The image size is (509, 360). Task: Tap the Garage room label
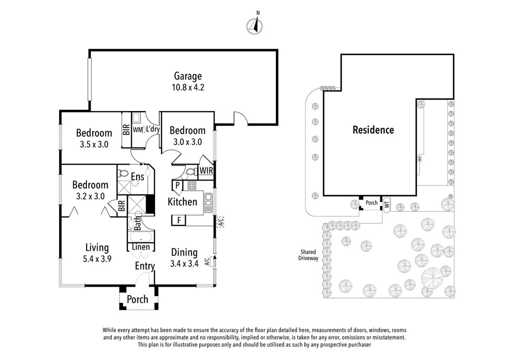188,76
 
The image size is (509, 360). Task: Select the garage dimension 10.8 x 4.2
188,87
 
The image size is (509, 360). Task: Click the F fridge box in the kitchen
179,220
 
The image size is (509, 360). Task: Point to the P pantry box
177,185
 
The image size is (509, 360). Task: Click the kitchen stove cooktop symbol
192,185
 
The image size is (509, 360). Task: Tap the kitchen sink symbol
208,203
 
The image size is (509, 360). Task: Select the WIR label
206,170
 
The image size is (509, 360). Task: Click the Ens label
138,176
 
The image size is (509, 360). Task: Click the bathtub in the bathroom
141,237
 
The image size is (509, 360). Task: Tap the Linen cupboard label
141,247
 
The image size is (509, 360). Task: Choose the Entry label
145,266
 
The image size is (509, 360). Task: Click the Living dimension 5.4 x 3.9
97,259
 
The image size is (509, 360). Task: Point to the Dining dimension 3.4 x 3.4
184,264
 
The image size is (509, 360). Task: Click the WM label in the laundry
138,130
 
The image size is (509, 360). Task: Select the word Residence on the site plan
373,130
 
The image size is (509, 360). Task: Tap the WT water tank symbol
387,205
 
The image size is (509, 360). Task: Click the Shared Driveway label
308,255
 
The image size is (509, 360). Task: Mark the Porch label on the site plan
371,203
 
